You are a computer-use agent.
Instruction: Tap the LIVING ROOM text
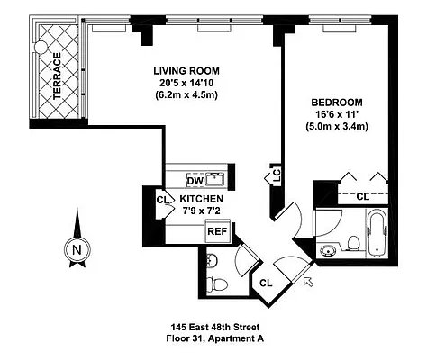(186, 71)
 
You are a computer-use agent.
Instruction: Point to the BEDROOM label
(337, 103)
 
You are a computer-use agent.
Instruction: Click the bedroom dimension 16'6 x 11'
(337, 115)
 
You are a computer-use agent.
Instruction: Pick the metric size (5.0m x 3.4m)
(337, 128)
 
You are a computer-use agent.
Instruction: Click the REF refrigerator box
(217, 231)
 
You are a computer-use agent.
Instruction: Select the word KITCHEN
(204, 199)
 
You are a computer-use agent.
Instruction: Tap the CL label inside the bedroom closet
(362, 195)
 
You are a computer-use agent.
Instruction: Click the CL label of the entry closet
(267, 283)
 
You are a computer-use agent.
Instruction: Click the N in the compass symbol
(77, 249)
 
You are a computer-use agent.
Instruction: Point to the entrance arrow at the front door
(310, 282)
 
